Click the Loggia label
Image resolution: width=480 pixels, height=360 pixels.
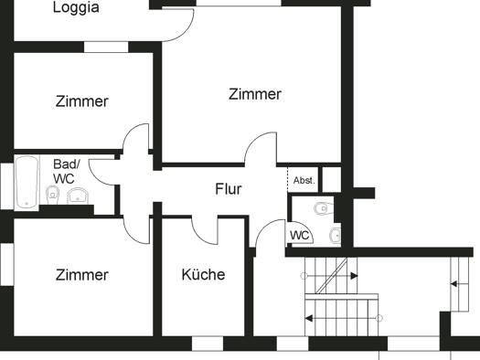tap(76, 7)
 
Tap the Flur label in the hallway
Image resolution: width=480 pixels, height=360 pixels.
tap(229, 189)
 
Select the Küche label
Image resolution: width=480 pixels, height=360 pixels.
tap(203, 274)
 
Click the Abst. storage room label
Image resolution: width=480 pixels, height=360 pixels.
tap(304, 181)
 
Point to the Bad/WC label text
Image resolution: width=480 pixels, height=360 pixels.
tap(67, 172)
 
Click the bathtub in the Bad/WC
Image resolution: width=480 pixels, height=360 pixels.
tap(27, 183)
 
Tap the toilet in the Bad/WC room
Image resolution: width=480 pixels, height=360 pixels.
tap(52, 196)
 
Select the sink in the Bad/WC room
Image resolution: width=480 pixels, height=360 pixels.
tap(78, 196)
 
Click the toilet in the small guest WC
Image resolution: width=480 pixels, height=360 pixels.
tap(324, 208)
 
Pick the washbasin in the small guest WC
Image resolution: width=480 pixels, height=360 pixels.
tap(336, 235)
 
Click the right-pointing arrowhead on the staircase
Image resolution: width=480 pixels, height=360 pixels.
tap(354, 276)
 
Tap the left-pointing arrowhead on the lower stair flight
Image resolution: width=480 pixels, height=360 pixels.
tap(309, 318)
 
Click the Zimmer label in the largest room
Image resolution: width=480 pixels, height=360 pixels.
tap(255, 94)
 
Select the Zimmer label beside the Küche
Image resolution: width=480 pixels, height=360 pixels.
tap(82, 275)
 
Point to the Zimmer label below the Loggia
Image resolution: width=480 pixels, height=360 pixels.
tap(82, 101)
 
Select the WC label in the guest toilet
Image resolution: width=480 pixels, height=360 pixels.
tap(299, 236)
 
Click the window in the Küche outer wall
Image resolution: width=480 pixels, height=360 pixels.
tap(208, 344)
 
